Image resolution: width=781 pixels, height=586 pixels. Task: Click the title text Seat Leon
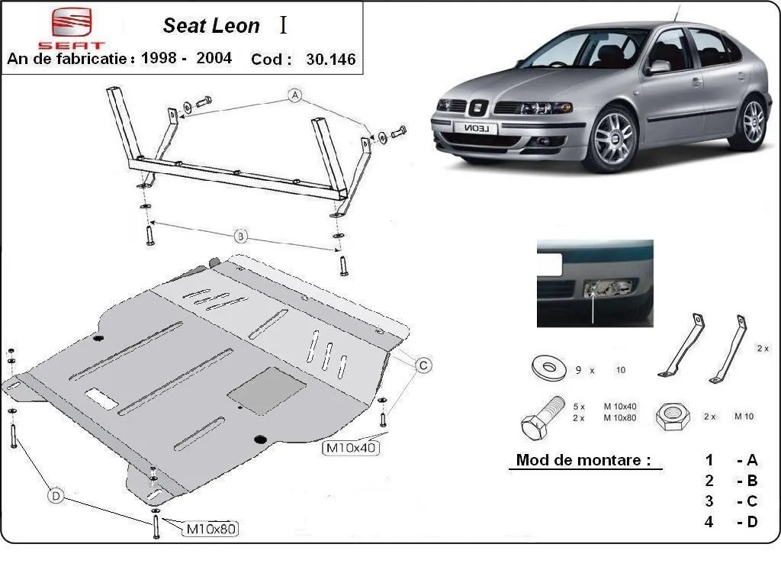[x=211, y=26]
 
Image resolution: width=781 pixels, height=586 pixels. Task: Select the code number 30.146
[x=330, y=60]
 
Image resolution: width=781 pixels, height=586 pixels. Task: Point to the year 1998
[x=159, y=59]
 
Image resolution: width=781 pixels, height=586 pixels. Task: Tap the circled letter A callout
[x=294, y=96]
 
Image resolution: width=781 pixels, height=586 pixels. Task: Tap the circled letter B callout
[x=240, y=237]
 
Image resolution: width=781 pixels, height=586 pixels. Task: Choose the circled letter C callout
[x=422, y=365]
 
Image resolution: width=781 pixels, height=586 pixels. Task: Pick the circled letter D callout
[x=56, y=496]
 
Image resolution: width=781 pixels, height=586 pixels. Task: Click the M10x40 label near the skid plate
[x=352, y=448]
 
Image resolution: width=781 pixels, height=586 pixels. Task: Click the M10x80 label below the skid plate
[x=213, y=528]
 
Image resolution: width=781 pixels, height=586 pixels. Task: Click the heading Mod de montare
[x=583, y=460]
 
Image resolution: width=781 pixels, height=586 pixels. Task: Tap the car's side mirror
[x=657, y=67]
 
